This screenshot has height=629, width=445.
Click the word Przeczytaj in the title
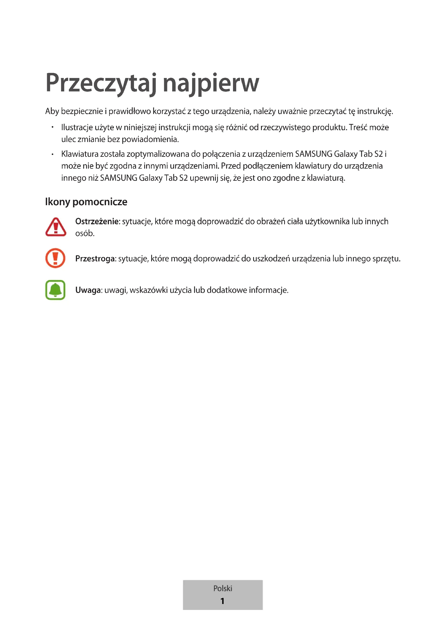[x=101, y=83]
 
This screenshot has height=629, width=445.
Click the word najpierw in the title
[x=211, y=83]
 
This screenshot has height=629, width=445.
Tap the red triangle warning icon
[x=56, y=227]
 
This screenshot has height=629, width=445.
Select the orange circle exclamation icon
[x=55, y=258]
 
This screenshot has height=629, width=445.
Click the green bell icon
[x=55, y=290]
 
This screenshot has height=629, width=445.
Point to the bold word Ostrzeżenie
[x=97, y=221]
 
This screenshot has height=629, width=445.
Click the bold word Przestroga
[x=95, y=259]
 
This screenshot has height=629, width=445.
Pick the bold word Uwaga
[x=88, y=290]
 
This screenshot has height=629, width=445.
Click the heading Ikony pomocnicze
[x=86, y=202]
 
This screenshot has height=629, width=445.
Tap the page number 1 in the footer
[x=222, y=601]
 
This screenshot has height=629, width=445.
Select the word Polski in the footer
[x=222, y=588]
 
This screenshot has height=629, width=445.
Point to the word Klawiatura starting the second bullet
[x=80, y=154]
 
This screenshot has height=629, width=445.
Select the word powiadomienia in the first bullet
[x=150, y=140]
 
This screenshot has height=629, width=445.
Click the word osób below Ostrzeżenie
[x=85, y=233]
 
